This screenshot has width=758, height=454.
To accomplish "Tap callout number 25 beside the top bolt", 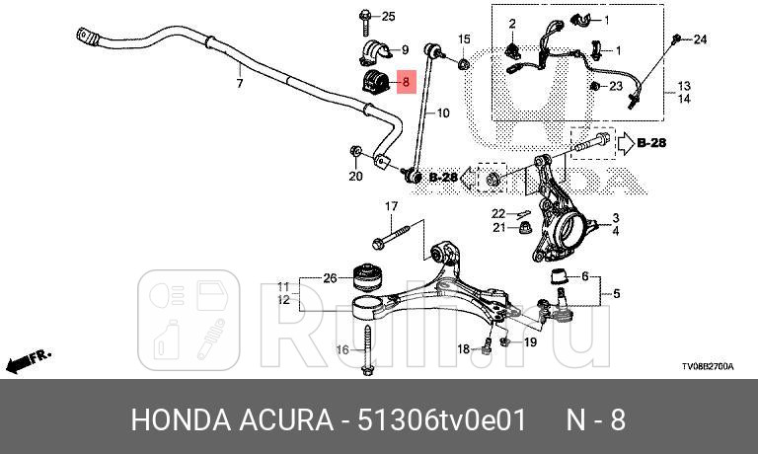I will coord(388,16).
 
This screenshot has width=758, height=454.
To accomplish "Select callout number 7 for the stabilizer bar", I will coord(239,84).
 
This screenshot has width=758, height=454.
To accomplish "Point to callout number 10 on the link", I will coord(441,113).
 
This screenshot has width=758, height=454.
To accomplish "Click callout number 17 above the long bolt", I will coord(391,206).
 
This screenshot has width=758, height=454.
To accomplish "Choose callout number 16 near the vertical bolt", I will coord(341,349).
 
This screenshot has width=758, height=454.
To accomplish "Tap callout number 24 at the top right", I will coord(700,39).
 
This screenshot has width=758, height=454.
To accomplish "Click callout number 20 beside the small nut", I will coord(356,178).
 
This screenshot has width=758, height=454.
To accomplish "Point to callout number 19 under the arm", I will coord(529,342).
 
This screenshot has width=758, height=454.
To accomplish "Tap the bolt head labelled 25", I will coord(365,16).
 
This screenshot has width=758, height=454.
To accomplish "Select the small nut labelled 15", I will coord(463,65).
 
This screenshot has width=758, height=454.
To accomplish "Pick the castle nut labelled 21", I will coord(526,229).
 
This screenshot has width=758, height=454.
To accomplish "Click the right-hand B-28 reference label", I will coord(650,142).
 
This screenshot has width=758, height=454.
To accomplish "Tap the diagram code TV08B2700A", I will coord(708,366).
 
